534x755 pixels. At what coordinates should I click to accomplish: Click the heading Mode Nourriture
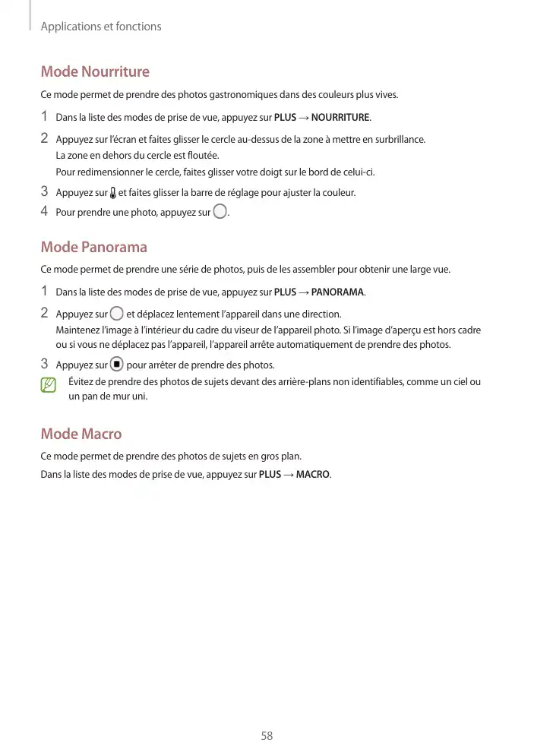[x=95, y=72]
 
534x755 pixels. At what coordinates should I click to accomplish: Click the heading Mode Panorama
[x=93, y=248]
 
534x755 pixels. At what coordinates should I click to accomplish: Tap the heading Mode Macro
[x=81, y=434]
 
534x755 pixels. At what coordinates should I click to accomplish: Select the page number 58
[x=267, y=736]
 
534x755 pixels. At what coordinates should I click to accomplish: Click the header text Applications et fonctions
[x=101, y=27]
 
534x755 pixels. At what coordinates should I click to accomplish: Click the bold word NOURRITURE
[x=340, y=118]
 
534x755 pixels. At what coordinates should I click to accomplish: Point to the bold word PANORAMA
[x=338, y=292]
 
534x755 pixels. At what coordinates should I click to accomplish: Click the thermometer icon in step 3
[x=113, y=192]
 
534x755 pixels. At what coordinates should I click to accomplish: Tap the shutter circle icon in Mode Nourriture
[x=220, y=212]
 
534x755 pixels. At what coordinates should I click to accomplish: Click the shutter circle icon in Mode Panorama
[x=116, y=314]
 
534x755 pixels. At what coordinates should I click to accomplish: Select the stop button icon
[x=116, y=364]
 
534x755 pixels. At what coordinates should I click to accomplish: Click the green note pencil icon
[x=49, y=386]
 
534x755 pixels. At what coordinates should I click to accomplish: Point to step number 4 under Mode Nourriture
[x=45, y=211]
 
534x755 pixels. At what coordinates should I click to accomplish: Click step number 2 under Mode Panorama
[x=45, y=313]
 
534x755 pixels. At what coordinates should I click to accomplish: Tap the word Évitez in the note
[x=81, y=382]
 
